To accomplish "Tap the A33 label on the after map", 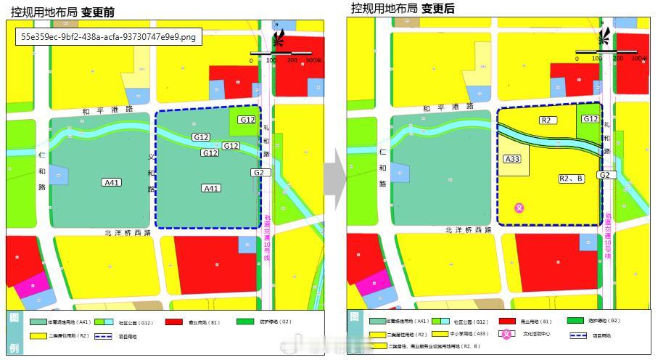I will pos(512,158).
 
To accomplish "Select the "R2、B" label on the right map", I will pos(571,178).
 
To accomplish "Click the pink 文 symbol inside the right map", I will pos(519,208).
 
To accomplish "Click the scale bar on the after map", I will pos(606,53).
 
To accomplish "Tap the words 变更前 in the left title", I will pos(98,12).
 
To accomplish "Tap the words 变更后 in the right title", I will pos(438,9).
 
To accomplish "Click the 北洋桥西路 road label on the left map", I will pos(128,233).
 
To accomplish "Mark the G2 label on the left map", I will pos(259,173).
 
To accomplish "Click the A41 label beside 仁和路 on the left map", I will pos(112,183).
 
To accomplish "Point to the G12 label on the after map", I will pos(590,119).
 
